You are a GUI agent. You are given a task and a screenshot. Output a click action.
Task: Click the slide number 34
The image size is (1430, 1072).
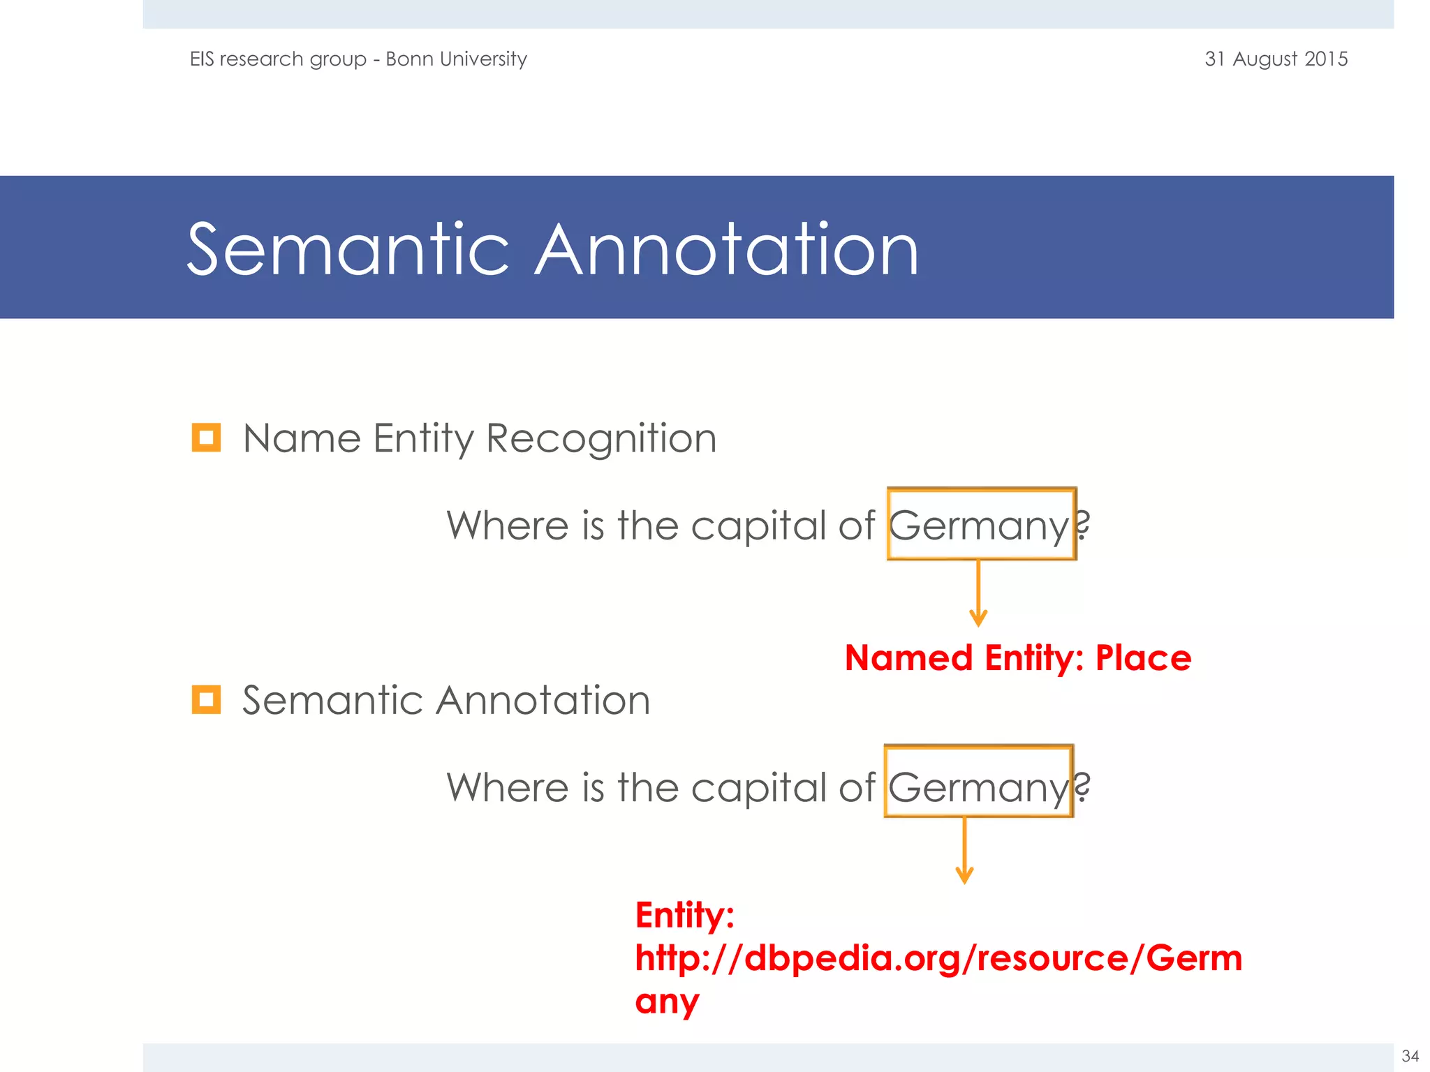pyautogui.click(x=1410, y=1056)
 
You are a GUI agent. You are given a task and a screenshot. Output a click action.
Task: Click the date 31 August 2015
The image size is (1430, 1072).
pyautogui.click(x=1276, y=59)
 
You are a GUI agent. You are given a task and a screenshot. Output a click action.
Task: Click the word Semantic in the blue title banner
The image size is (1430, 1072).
pyautogui.click(x=348, y=249)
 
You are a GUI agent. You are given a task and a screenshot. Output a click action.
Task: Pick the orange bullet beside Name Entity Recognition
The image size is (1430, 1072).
pyautogui.click(x=206, y=438)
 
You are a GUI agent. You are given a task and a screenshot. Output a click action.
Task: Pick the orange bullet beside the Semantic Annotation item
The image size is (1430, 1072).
pyautogui.click(x=206, y=699)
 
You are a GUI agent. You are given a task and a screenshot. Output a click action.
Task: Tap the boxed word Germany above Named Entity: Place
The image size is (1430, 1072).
pyautogui.click(x=979, y=526)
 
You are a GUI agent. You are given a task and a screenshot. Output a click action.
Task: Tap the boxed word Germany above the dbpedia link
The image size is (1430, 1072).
pyautogui.click(x=978, y=787)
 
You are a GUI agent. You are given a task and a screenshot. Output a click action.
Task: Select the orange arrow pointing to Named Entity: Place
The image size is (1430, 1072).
pyautogui.click(x=978, y=593)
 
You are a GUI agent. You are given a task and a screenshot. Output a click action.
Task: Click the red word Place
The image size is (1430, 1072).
pyautogui.click(x=1143, y=658)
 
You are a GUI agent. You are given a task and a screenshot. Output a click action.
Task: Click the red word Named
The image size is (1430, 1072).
pyautogui.click(x=908, y=658)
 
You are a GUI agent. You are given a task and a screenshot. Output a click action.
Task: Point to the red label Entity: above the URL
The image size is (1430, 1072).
pyautogui.click(x=684, y=915)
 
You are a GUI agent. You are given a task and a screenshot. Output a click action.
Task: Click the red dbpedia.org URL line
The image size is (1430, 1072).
pyautogui.click(x=938, y=958)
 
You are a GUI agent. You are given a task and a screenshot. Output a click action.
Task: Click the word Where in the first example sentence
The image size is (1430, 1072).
pyautogui.click(x=508, y=526)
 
